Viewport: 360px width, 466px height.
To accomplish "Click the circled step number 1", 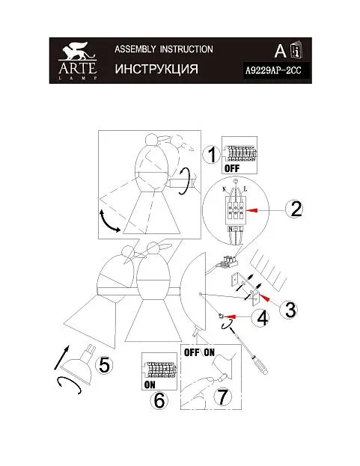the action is pos(211,155).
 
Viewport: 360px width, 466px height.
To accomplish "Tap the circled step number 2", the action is pos(294,209).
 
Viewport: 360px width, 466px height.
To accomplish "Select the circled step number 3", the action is pos(289,310).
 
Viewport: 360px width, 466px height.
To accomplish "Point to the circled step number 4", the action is pos(260,319).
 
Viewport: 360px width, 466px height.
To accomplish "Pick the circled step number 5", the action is pos(104,365).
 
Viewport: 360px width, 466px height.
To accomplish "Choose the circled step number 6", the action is pos(159,401).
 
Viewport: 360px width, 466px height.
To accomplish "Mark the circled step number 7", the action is pos(223,397).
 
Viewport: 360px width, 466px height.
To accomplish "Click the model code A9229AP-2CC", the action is pos(273,71).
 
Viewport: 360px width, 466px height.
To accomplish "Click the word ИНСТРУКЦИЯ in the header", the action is pos(156,69).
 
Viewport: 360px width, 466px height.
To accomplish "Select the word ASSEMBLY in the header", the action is pos(135,49).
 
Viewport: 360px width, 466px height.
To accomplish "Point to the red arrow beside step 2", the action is pos(252,210).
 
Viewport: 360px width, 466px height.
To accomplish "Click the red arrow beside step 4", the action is pos(231,317).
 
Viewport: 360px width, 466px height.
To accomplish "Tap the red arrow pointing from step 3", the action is pos(265,298).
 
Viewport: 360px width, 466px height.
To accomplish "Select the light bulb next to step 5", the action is pos(79,362).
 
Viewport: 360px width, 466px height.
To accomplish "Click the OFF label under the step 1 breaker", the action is pos(232,169).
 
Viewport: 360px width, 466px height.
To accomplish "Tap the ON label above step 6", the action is pos(150,385).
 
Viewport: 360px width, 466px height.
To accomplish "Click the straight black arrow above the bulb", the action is pos(61,358).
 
